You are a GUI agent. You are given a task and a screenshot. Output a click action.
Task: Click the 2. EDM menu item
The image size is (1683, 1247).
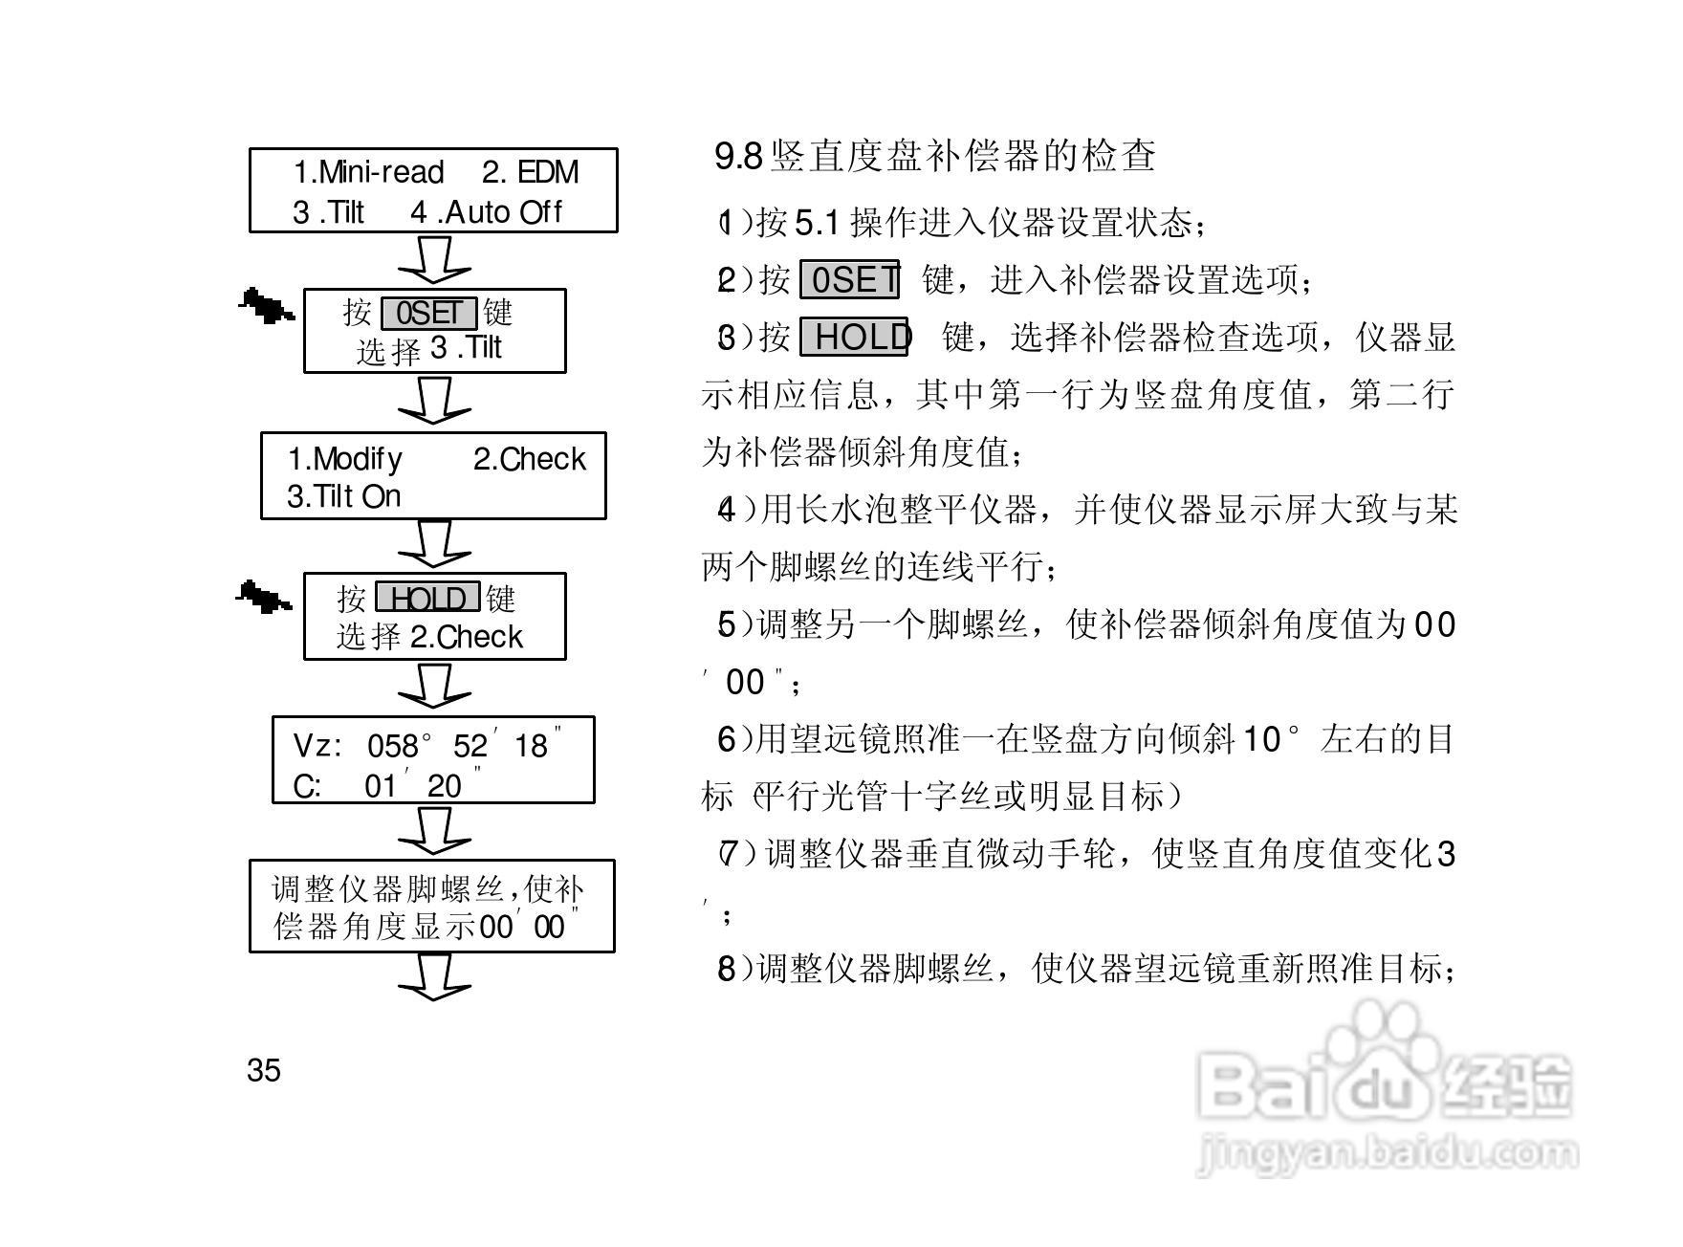(530, 172)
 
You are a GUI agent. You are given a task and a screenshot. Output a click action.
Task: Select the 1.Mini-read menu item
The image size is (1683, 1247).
(368, 172)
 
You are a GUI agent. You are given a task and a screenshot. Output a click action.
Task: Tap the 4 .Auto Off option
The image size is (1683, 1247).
(487, 211)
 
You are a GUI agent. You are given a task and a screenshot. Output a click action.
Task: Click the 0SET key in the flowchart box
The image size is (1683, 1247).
(428, 313)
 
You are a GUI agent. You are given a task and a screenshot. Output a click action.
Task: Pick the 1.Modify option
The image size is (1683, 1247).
(345, 459)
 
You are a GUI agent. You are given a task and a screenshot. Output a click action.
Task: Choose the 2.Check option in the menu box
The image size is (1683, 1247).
(529, 459)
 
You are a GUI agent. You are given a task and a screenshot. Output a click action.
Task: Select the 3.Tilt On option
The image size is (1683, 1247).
(343, 496)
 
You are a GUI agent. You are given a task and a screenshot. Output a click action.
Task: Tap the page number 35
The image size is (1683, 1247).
(264, 1070)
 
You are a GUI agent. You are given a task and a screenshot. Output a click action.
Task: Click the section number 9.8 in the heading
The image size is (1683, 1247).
(738, 156)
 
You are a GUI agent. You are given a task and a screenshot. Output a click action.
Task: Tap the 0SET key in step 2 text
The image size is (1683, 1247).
(849, 280)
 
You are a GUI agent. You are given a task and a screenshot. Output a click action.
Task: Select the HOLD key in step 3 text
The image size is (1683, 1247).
(854, 337)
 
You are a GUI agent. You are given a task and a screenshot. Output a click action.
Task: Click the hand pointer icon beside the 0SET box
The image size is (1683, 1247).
(266, 305)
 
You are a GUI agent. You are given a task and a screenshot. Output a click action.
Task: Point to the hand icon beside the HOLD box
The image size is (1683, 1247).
(263, 597)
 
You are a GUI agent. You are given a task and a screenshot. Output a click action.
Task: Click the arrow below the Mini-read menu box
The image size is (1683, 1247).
(434, 259)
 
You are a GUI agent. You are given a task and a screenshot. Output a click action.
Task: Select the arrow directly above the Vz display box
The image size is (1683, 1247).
(434, 686)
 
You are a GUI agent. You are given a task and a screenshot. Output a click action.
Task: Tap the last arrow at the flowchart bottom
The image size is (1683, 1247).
(434, 976)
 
